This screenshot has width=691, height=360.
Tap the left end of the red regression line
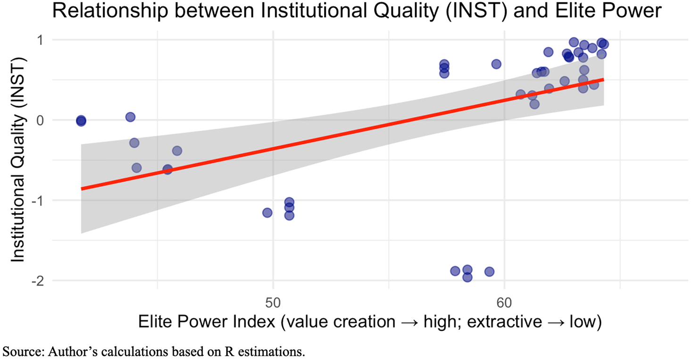[x=82, y=189]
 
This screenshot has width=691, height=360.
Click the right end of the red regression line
[x=604, y=79]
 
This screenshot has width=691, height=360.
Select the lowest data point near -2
[x=467, y=277]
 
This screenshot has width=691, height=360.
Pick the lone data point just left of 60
[x=496, y=64]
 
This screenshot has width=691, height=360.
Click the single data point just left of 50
[x=267, y=213]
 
